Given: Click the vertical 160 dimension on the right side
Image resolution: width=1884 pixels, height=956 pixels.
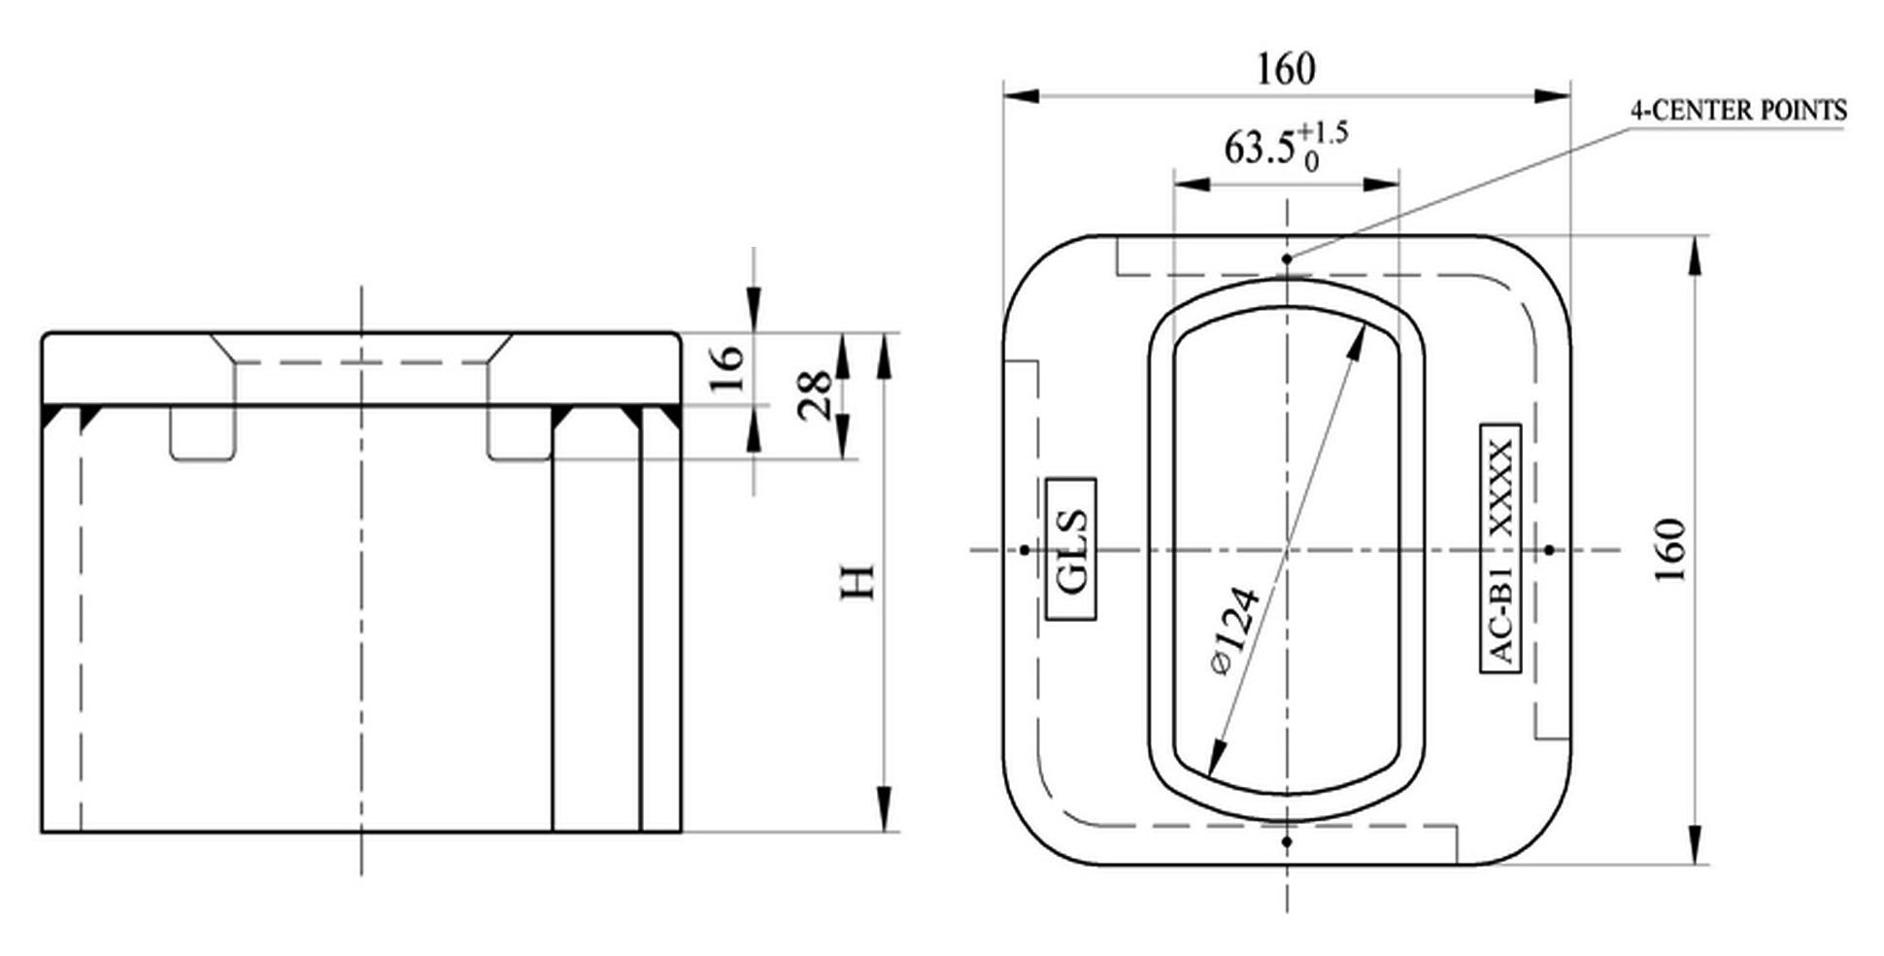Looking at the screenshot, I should (x=1670, y=550).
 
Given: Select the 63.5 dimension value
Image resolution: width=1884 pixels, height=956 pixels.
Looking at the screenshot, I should (x=1260, y=149).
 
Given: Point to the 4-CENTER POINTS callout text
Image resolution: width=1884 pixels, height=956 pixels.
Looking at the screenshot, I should (x=1737, y=111).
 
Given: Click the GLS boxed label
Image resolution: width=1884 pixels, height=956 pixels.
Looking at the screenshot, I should (x=1072, y=549).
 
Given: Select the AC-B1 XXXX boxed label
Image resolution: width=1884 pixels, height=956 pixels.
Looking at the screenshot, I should (x=1500, y=549).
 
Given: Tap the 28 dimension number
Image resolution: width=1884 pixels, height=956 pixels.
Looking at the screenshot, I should (x=814, y=394).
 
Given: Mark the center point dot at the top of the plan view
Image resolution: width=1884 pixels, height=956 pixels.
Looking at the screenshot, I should (x=1287, y=259).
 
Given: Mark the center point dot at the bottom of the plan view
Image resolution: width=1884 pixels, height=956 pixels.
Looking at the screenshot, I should (x=1287, y=841).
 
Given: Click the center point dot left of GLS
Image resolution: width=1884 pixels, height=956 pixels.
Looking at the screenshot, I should (x=1024, y=550).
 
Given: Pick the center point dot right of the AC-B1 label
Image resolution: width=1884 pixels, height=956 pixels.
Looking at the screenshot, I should (x=1549, y=550).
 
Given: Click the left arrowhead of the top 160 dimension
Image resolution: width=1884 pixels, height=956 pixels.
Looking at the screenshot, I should (x=1021, y=96).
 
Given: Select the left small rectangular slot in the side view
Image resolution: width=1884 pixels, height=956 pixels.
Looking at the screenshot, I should (x=203, y=432).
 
